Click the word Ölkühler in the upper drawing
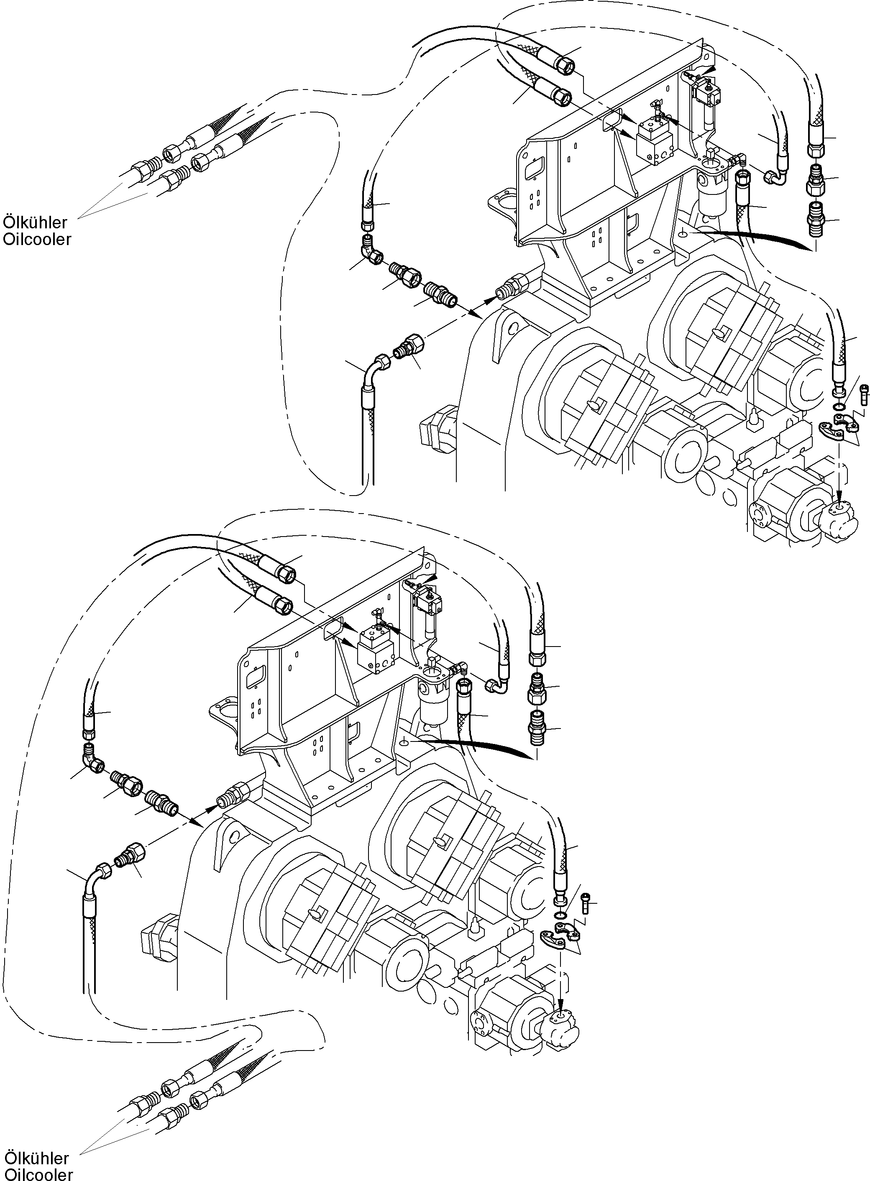tap(35, 222)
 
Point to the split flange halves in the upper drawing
tap(837, 425)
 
